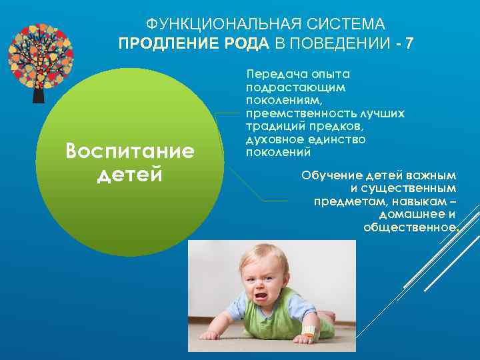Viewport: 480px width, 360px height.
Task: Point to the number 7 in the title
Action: coord(409,44)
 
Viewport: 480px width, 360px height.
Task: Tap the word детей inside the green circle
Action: coord(130,175)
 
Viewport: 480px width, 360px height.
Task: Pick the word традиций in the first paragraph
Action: coord(273,127)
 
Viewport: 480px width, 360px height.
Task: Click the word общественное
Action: coord(410,227)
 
